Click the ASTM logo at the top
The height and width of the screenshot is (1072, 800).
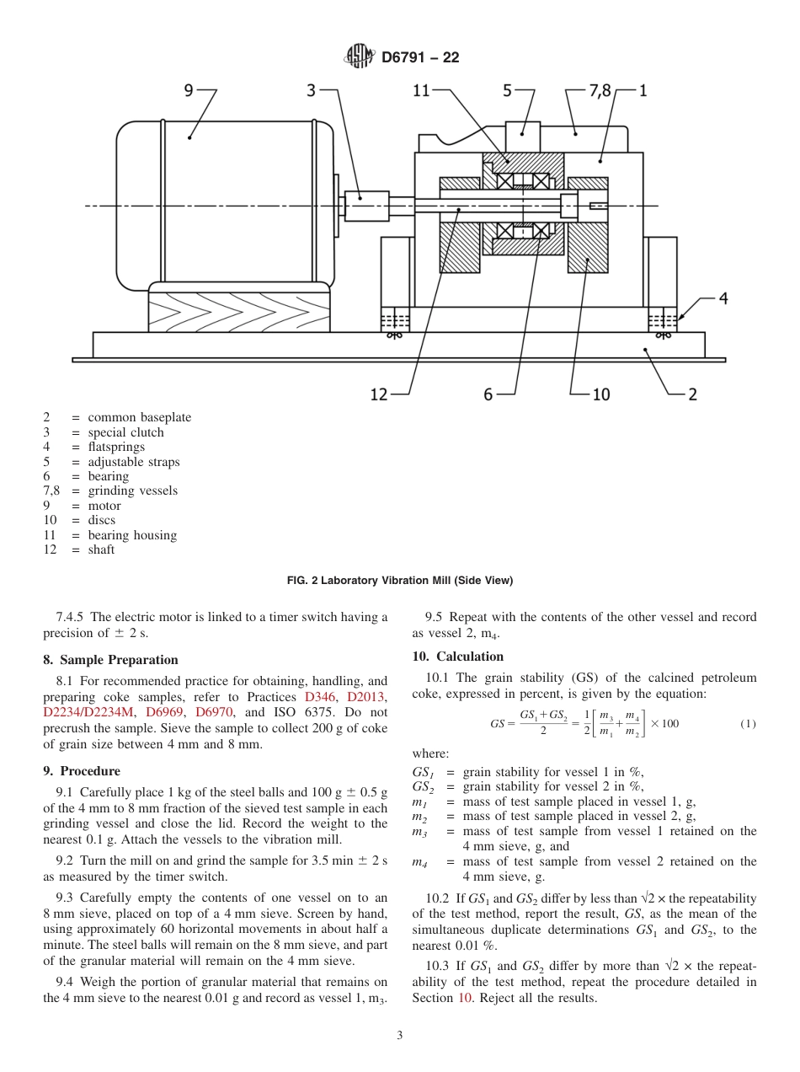pos(360,57)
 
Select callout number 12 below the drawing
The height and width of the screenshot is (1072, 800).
pos(379,394)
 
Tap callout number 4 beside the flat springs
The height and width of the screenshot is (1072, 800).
pos(723,298)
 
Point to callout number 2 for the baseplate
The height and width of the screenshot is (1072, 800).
pos(692,394)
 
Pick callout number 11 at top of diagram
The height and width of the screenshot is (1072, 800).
pos(421,90)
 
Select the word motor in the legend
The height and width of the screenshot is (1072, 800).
pos(104,506)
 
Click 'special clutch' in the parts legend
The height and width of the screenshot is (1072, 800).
pos(125,432)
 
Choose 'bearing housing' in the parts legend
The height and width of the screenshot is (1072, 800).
pos(132,535)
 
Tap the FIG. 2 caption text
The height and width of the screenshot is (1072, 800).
pos(399,581)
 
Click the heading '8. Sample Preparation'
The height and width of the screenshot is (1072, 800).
pos(111,660)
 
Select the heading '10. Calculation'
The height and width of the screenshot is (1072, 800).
pos(458,657)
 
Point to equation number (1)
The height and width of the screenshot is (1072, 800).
pos(748,724)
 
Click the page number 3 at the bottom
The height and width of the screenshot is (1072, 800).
pos(400,1036)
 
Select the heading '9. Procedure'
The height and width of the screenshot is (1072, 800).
pos(82,771)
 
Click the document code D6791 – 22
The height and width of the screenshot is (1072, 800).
pos(419,58)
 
